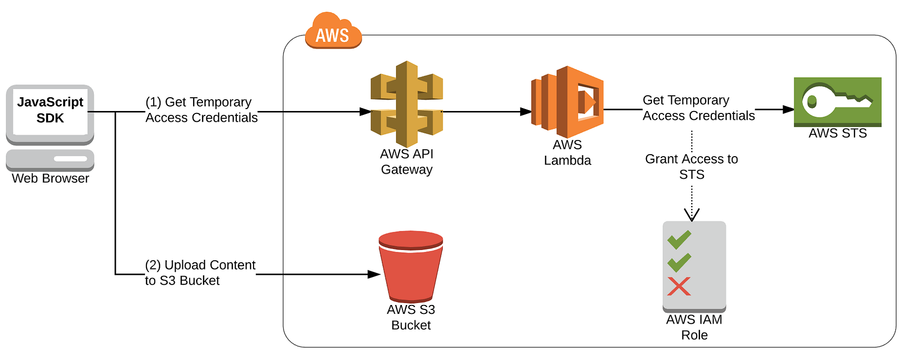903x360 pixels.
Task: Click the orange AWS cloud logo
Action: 333,32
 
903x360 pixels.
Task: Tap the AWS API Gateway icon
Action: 407,98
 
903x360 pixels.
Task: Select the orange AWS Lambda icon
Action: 567,102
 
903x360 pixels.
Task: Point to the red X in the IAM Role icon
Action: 679,286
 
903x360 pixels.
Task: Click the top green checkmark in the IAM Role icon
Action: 679,239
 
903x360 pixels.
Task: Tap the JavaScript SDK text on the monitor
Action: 50,110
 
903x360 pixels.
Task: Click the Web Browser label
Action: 50,178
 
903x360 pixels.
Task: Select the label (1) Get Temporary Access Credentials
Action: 201,110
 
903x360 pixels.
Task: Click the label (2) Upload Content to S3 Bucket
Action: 199,273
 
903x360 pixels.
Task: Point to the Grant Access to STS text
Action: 691,166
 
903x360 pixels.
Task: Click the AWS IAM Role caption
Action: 694,327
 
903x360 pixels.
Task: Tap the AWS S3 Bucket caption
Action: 411,317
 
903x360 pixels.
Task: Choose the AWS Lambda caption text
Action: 567,152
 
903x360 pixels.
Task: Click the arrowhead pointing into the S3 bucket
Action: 374,274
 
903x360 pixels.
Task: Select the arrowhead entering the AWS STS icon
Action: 788,110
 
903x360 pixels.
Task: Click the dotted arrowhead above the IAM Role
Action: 691,215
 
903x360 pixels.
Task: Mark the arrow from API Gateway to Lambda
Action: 486,111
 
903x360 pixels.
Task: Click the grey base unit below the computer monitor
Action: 50,159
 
